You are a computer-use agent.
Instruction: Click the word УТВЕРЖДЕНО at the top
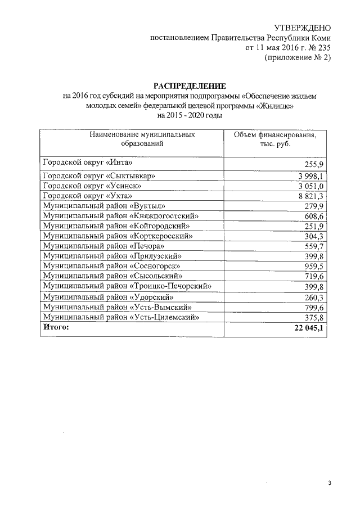point(301,28)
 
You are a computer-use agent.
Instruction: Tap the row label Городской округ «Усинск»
point(92,186)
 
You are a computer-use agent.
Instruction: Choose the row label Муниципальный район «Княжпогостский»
point(121,215)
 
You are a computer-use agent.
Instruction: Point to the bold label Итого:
point(56,327)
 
